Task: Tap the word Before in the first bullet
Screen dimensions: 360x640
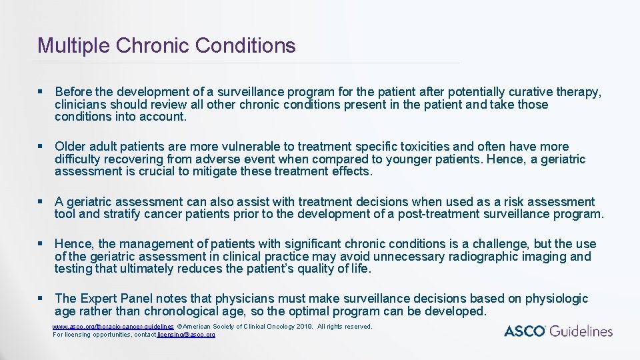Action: [75, 91]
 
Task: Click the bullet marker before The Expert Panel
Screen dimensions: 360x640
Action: [41, 299]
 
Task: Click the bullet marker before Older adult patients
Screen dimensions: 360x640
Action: [41, 147]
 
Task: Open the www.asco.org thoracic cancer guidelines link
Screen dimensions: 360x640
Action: [113, 327]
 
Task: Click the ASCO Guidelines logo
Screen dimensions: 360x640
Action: [557, 331]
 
